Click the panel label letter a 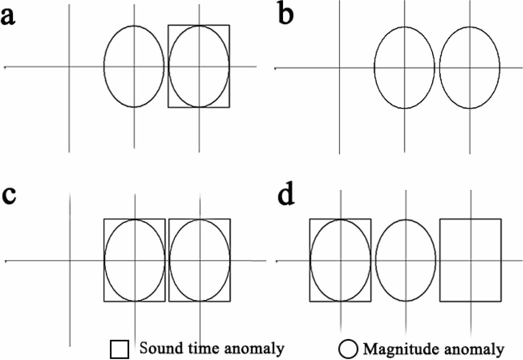click(8, 17)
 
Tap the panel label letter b click(286, 15)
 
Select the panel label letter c click(9, 195)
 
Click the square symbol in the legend click(120, 349)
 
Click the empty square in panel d click(470, 260)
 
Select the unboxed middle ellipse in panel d click(406, 260)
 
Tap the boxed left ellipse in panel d click(340, 260)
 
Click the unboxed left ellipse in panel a click(134, 67)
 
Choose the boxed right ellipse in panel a click(199, 66)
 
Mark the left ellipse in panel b click(404, 68)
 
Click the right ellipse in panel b click(470, 68)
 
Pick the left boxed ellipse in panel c click(135, 260)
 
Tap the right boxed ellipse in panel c click(200, 260)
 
